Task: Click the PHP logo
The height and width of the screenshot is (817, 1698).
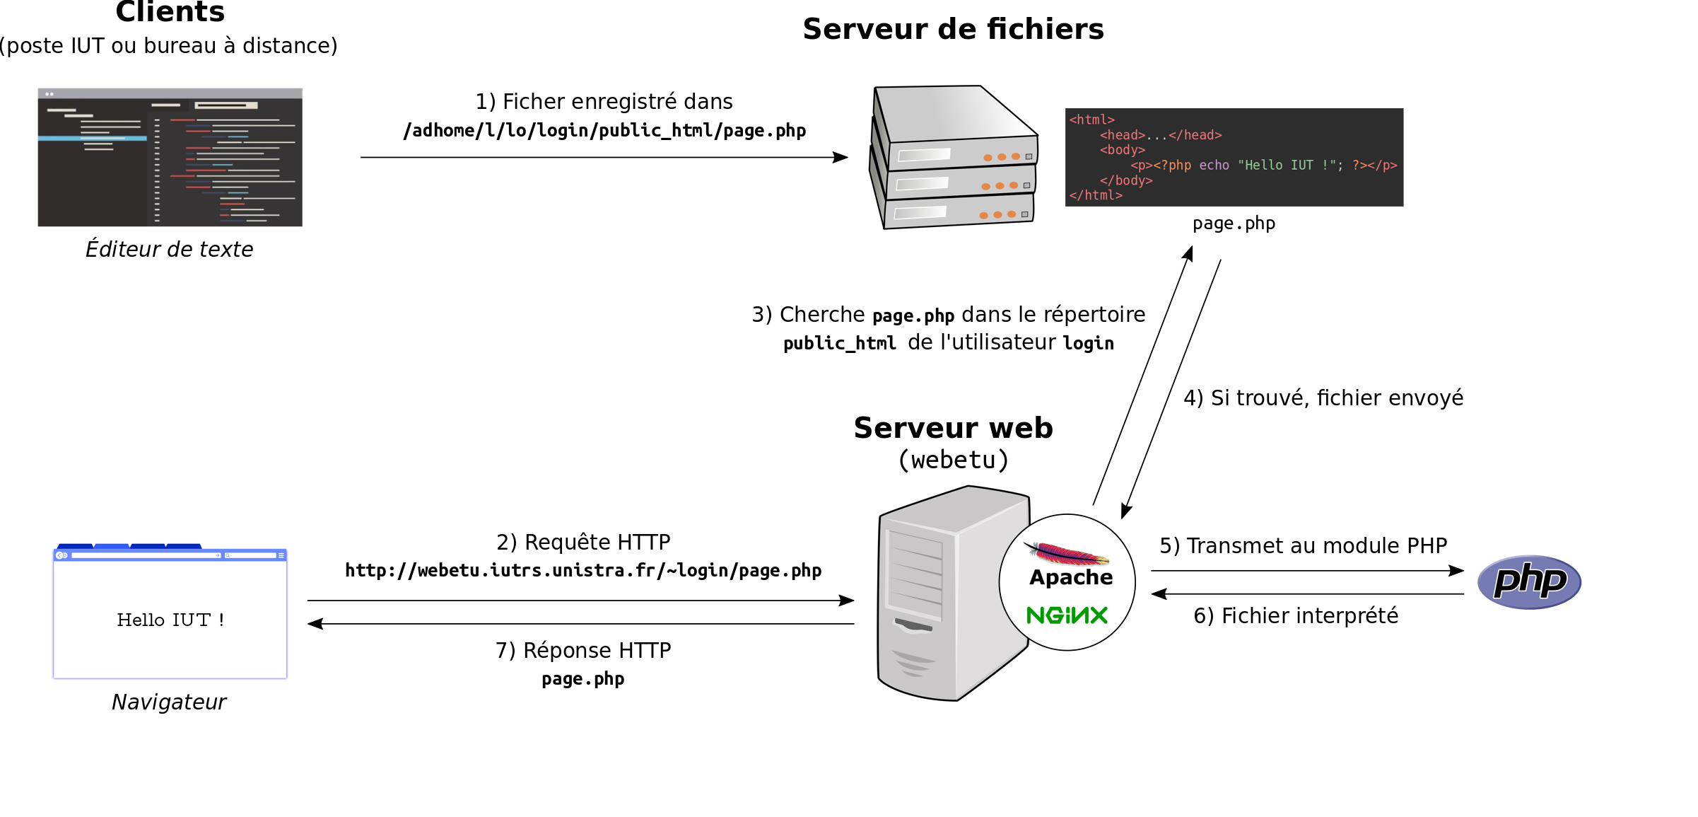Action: coord(1529,581)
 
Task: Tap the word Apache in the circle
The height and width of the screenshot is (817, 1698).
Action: coord(1071,577)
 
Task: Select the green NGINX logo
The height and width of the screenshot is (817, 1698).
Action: coord(1067,615)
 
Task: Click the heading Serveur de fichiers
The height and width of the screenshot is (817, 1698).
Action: coord(953,29)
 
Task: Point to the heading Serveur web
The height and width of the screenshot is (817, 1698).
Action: coord(953,428)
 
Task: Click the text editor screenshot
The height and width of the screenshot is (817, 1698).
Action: coord(170,157)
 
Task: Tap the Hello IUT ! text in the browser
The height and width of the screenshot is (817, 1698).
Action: coord(170,620)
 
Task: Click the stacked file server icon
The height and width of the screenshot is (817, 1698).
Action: coord(954,157)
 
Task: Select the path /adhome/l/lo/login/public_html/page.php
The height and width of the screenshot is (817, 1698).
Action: coord(604,131)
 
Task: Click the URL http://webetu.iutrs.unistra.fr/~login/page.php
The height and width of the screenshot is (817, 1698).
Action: coord(582,571)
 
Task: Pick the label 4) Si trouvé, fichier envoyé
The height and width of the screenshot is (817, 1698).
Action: coord(1323,398)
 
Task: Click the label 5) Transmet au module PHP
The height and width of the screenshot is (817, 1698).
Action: coord(1303,546)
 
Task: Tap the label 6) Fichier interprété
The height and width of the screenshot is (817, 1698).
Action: coord(1296,616)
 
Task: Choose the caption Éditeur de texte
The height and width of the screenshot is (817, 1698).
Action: coord(169,250)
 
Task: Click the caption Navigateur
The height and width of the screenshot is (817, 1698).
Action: coord(169,702)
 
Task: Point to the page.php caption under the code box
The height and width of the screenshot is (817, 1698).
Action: coord(1234,224)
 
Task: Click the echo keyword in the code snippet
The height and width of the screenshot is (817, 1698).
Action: coord(1214,166)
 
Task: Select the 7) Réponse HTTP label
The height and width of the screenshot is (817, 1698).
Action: coord(583,651)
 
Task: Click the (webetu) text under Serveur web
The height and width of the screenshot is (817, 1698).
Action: coord(953,460)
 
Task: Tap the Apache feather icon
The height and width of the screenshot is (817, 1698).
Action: coord(1066,553)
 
